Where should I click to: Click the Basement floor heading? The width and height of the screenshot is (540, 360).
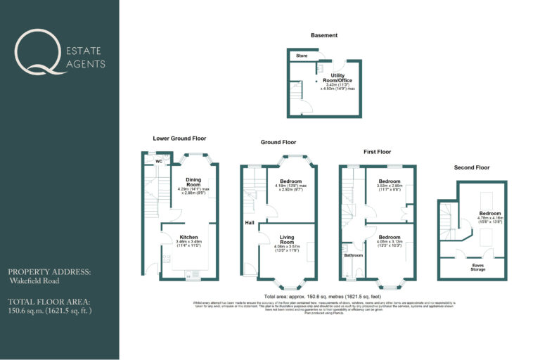pos(324,35)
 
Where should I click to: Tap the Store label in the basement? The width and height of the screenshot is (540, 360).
pos(302,55)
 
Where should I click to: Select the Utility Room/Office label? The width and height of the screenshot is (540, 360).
pos(337,77)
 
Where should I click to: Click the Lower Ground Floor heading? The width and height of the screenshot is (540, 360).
pos(179,139)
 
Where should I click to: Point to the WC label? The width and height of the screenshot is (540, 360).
pos(159,161)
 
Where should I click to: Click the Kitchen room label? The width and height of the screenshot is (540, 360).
pos(188,237)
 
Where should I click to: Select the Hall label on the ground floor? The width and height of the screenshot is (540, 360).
pos(250,223)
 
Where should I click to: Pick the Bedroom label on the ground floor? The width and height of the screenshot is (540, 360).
pos(290,181)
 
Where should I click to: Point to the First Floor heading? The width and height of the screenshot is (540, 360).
pos(377,151)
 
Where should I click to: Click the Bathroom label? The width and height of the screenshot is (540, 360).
pos(353,255)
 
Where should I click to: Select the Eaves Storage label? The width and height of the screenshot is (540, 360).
pos(477,266)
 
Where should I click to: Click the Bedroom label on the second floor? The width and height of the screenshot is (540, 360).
pos(490,213)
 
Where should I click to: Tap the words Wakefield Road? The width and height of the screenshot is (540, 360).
pos(34,281)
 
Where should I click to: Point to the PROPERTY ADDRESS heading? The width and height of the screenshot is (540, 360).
pos(49,271)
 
